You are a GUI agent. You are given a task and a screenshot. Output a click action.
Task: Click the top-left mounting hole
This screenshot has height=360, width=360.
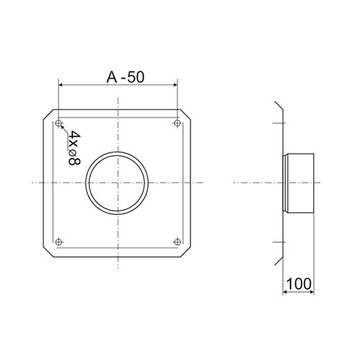(x=59, y=124)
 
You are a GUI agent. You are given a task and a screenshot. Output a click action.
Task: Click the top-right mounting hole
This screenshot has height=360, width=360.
(x=177, y=123)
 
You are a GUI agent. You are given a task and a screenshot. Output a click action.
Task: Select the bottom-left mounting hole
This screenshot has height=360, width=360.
(x=59, y=242)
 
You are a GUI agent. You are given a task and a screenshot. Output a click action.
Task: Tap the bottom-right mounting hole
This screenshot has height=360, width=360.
(x=177, y=242)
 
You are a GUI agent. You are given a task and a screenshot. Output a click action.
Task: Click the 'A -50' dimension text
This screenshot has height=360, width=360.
(x=125, y=77)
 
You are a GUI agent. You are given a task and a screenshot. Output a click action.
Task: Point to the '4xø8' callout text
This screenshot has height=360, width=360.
(x=74, y=148)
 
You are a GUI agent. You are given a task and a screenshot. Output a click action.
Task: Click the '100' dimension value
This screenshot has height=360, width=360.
(x=299, y=284)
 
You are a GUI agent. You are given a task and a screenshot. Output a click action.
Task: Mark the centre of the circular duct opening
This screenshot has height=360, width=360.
(x=117, y=183)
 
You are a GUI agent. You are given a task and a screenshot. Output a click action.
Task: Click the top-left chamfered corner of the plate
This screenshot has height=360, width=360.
(x=49, y=115)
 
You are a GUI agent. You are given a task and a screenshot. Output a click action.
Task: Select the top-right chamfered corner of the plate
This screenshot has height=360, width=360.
(x=186, y=115)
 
